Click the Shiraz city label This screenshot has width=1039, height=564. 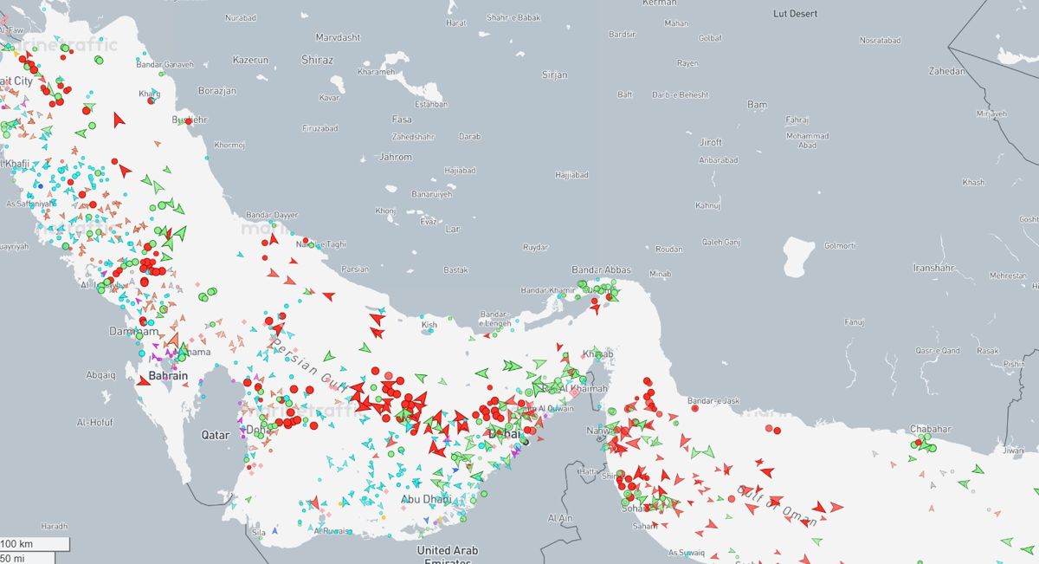316,60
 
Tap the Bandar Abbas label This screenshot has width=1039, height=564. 601,270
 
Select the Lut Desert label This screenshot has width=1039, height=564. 795,14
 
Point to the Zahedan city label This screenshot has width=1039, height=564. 946,71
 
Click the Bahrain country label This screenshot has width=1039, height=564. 168,376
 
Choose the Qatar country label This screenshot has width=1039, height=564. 215,434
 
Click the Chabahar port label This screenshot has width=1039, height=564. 930,429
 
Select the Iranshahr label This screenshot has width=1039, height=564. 933,268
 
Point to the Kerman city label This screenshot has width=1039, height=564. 660,3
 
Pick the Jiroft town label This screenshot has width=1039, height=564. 710,142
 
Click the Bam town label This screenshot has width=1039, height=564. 757,105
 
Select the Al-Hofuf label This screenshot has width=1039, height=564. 94,423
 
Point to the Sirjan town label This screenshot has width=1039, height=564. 554,75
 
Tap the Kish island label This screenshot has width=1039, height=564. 429,326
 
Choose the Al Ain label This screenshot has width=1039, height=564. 560,517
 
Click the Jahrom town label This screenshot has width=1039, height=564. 396,157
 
